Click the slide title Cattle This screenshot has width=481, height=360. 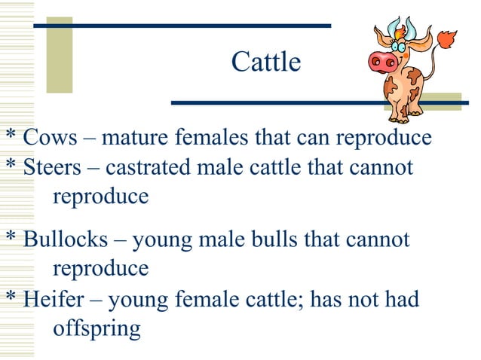tap(265, 62)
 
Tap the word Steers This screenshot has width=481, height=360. tap(53, 167)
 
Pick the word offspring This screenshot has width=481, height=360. tap(97, 329)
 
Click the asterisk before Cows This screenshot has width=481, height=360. tap(11, 136)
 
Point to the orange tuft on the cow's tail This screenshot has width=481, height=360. tap(448, 38)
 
